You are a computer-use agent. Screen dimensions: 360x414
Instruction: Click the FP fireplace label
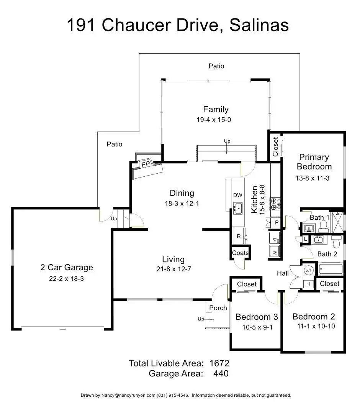pyautogui.click(x=146, y=164)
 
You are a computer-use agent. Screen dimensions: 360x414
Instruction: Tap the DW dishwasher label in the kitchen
pyautogui.click(x=237, y=195)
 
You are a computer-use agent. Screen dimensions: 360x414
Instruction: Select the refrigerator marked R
pyautogui.click(x=239, y=236)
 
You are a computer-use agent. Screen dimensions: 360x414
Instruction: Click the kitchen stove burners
pyautogui.click(x=275, y=204)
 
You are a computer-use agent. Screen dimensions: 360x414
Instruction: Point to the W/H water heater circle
pyautogui.click(x=308, y=270)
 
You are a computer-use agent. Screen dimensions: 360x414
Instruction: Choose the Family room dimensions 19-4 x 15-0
pyautogui.click(x=214, y=120)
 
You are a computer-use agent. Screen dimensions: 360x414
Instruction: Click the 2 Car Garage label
pyautogui.click(x=67, y=268)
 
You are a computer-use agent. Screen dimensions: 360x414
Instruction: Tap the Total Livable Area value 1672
pyautogui.click(x=219, y=363)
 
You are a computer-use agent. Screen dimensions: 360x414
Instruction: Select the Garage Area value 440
pyautogui.click(x=221, y=374)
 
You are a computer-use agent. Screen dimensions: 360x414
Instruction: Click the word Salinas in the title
pyautogui.click(x=259, y=25)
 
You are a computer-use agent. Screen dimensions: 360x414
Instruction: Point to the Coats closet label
pyautogui.click(x=240, y=253)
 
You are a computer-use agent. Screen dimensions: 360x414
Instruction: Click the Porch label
pyautogui.click(x=218, y=308)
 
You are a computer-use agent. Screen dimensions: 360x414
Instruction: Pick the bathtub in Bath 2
pyautogui.click(x=331, y=269)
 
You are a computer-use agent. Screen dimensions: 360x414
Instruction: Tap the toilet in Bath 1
pyautogui.click(x=323, y=225)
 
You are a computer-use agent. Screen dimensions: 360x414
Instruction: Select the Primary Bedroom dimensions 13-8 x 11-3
pyautogui.click(x=313, y=178)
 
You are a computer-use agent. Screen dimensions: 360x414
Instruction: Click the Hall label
pyautogui.click(x=283, y=273)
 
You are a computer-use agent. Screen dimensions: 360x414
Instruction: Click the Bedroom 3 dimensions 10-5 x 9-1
pyautogui.click(x=257, y=327)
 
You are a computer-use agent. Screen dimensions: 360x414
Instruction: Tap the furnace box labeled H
pyautogui.click(x=308, y=284)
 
